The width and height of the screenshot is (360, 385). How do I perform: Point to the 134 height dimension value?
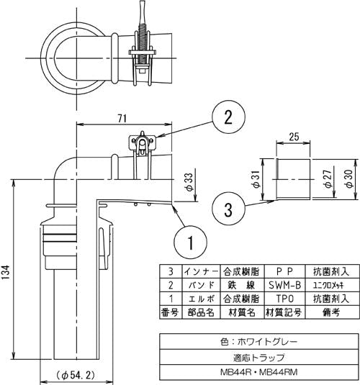[x=6, y=274]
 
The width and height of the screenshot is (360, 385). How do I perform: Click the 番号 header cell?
[x=169, y=311]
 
